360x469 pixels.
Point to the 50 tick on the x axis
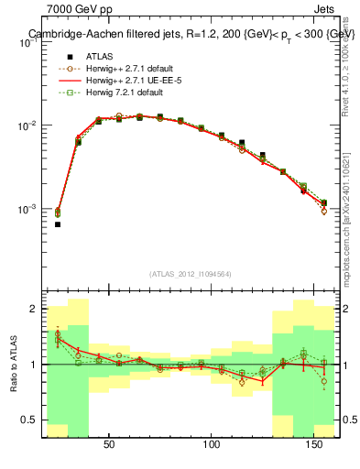pos(109,445)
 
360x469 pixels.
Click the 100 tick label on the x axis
pos(213,445)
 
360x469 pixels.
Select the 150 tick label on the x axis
pos(316,445)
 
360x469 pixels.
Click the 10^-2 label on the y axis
pos(27,125)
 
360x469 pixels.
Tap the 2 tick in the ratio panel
pos(33,310)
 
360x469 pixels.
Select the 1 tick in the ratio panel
pos(33,365)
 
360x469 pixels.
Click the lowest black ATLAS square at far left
pos(58,224)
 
